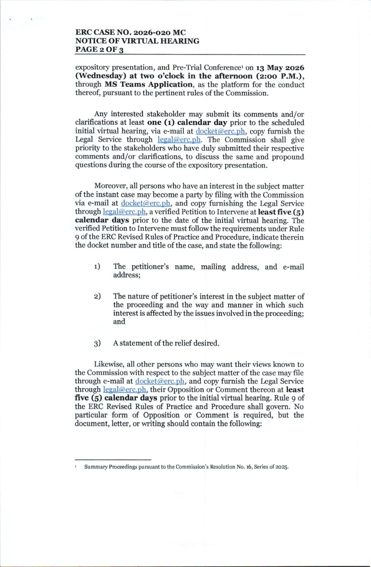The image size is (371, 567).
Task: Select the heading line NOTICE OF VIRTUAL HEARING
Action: point(137,41)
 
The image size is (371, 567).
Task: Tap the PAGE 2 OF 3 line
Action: point(99,50)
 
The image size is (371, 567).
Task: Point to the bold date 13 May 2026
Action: point(280,68)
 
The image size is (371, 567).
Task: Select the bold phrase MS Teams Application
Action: point(149,84)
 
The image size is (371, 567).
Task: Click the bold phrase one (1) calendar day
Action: point(187,123)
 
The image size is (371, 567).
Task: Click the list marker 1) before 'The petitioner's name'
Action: point(97,267)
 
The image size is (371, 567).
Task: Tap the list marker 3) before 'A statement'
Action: point(97,344)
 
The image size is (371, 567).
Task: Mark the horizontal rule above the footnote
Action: point(113,460)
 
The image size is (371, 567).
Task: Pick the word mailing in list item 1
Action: point(213,267)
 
